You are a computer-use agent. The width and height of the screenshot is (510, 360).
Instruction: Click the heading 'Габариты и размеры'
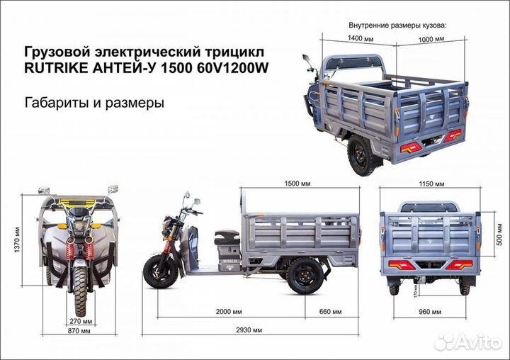point(94,102)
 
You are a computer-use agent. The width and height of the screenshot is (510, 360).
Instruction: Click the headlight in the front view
point(79,225)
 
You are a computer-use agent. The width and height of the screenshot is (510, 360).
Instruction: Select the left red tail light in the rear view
point(400,264)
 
